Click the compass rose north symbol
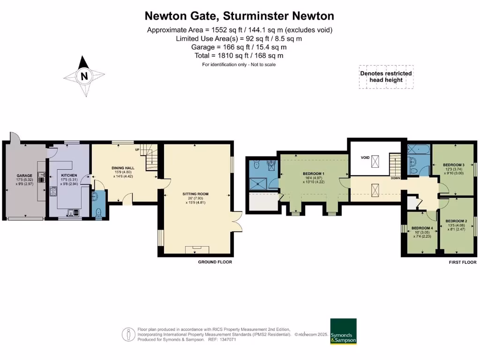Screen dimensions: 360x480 (x=84, y=75)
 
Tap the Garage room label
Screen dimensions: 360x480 (x=24, y=175)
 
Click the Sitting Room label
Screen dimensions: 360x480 (x=195, y=193)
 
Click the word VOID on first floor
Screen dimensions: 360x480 (x=365, y=158)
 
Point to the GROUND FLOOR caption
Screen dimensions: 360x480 (x=215, y=262)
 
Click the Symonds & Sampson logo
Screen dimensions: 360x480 (x=344, y=332)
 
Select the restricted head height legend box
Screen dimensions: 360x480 (x=386, y=76)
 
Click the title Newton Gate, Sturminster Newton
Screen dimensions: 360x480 (x=240, y=16)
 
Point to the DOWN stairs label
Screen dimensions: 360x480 (x=396, y=178)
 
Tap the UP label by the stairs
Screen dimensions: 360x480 (x=137, y=150)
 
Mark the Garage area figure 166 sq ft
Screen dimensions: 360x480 (x=239, y=47)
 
